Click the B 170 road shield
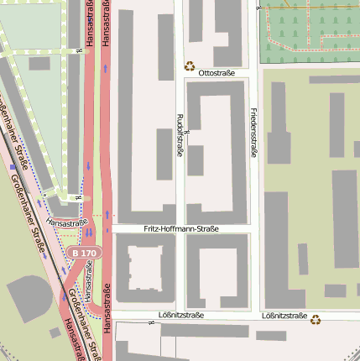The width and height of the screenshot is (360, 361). pyautogui.click(x=85, y=252)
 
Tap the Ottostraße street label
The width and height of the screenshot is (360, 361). pyautogui.click(x=217, y=73)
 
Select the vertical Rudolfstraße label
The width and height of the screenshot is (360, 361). pyautogui.click(x=179, y=136)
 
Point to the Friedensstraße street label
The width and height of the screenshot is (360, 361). pyautogui.click(x=253, y=132)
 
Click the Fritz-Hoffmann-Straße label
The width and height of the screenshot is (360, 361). pyautogui.click(x=181, y=228)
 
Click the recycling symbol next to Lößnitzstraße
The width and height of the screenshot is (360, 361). pyautogui.click(x=316, y=318)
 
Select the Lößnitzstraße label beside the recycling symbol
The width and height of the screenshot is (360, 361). pyautogui.click(x=284, y=316)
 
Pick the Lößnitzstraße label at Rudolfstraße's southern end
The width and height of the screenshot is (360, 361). pyautogui.click(x=180, y=316)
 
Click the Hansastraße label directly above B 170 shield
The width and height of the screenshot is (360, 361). pyautogui.click(x=67, y=222)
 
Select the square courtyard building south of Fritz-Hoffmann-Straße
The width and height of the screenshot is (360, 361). pyautogui.click(x=144, y=268)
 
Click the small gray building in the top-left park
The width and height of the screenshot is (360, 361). pyautogui.click(x=39, y=63)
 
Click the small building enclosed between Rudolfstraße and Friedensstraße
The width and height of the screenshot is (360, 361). pyautogui.click(x=196, y=160)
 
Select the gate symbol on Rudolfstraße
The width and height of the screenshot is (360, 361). pyautogui.click(x=186, y=132)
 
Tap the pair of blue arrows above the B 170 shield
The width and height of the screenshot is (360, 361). pyautogui.click(x=86, y=229)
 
